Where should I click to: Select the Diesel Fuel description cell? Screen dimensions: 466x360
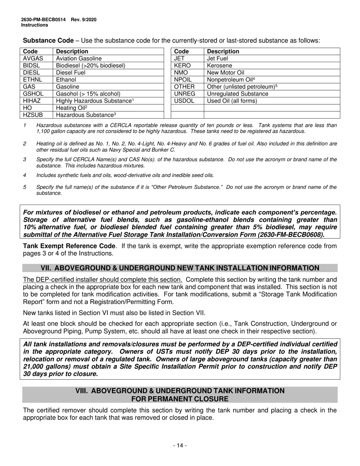click(70, 73)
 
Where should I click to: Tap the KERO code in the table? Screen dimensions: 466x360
click(182, 66)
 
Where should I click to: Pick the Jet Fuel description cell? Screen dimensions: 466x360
click(217, 59)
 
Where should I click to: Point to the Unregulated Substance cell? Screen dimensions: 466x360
click(237, 94)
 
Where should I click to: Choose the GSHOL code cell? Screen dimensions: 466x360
click(33, 94)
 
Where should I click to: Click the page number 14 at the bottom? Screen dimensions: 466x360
click(180, 446)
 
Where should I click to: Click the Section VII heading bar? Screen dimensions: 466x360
click(180, 268)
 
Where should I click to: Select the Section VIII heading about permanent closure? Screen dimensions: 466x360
click(180, 395)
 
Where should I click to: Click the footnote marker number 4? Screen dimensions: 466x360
click(25, 175)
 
